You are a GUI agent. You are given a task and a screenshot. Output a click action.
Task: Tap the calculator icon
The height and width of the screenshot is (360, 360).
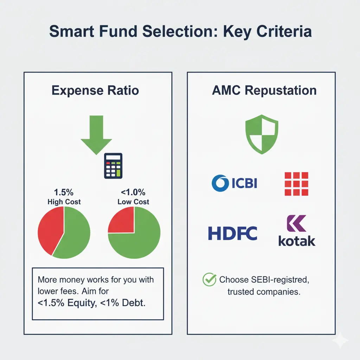coord(113,166)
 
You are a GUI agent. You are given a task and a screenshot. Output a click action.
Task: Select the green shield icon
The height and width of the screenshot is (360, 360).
coord(261,135)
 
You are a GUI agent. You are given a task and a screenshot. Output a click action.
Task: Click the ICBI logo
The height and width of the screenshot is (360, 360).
coord(234,183)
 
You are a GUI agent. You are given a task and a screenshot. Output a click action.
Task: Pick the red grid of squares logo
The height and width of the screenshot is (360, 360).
coord(296,184)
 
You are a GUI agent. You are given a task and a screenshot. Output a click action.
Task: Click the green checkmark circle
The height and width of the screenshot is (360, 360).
coord(210,279)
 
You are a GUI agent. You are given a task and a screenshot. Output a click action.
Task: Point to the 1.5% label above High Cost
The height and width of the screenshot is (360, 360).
coord(64,193)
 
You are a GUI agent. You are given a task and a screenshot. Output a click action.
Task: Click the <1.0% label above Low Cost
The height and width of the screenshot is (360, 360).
coord(133,193)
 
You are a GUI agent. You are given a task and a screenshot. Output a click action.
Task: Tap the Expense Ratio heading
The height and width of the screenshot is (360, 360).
coord(95,90)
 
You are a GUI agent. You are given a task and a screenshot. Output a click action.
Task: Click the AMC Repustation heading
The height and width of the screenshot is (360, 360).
coord(264,90)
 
